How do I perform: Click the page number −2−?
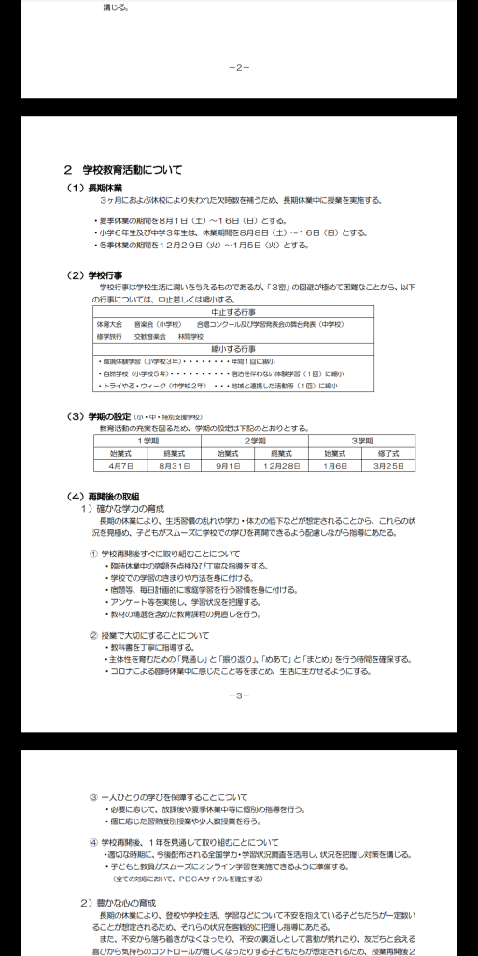coord(239,67)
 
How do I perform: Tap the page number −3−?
coord(239,696)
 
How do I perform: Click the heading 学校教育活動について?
coord(125,170)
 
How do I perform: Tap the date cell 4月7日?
coord(121,465)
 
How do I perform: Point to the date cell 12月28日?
coord(282,465)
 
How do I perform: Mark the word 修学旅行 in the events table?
coord(109,335)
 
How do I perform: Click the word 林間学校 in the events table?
coord(190,335)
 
